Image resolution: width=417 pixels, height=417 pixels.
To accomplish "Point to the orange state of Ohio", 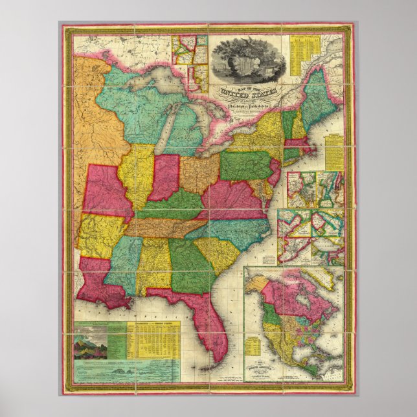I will pos(199,175).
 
